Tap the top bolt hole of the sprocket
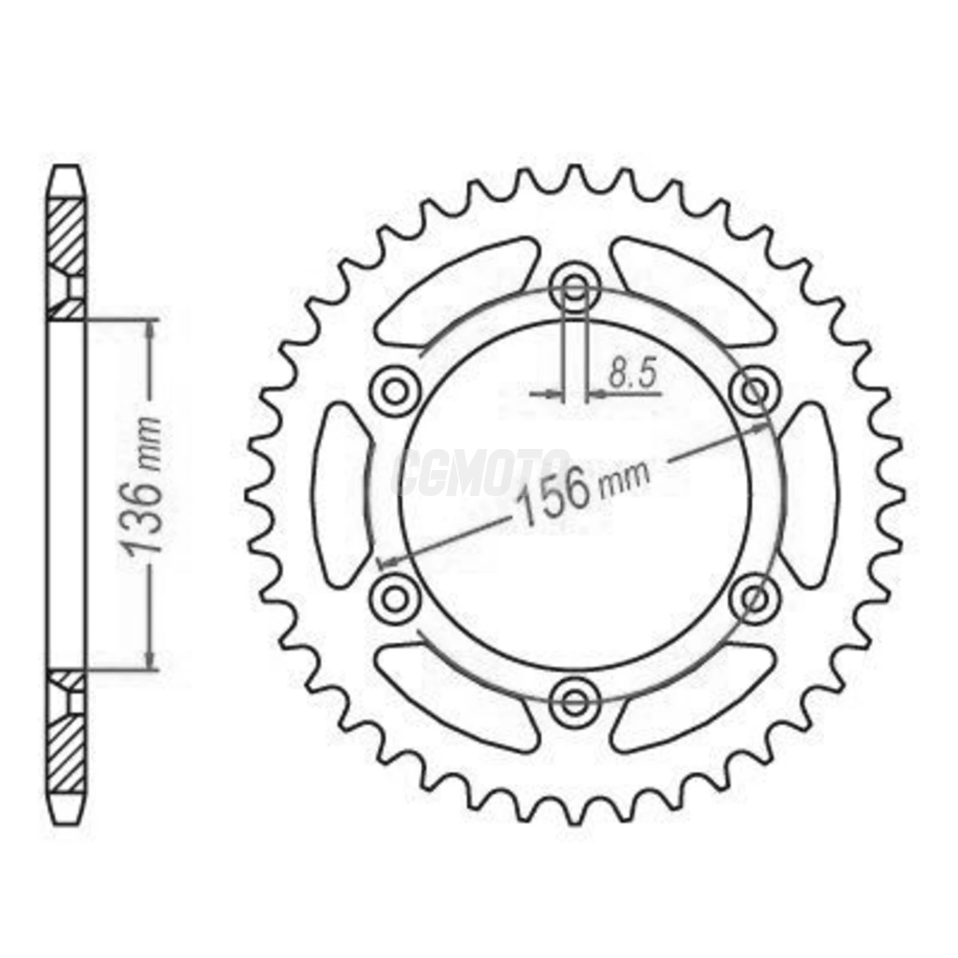coord(575,286)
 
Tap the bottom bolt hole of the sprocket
coord(575,701)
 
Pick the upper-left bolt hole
coord(394,392)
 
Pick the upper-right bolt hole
coord(756,392)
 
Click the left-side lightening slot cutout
coord(341,494)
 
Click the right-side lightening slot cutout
coord(810,494)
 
